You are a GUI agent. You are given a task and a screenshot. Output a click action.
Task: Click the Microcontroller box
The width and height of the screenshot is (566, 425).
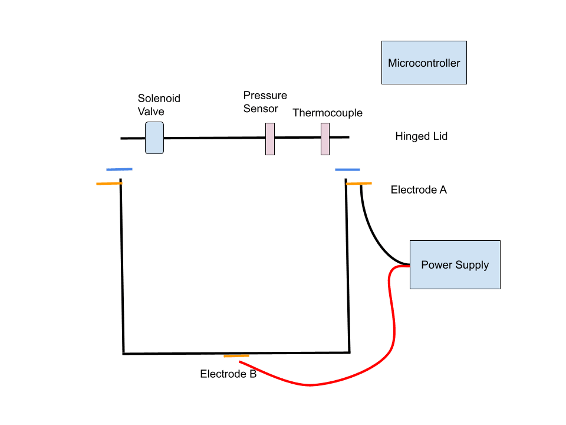[x=424, y=63]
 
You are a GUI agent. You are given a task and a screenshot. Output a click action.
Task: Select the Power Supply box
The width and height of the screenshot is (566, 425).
[x=455, y=264]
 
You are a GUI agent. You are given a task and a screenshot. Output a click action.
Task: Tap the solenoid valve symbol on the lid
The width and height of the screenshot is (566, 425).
[x=154, y=138]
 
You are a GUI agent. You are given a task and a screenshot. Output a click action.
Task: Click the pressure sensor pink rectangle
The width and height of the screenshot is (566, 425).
[x=269, y=139]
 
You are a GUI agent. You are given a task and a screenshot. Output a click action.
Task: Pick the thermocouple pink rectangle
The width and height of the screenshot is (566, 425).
[x=325, y=139]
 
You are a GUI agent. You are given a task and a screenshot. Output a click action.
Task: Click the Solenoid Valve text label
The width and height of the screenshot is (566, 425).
[x=159, y=104]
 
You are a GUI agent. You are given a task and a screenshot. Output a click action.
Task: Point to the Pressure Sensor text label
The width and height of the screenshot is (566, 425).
[x=265, y=102]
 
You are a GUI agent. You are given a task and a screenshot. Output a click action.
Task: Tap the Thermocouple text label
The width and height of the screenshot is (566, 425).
[x=327, y=113]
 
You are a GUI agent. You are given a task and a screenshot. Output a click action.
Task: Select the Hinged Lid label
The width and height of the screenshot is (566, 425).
[x=421, y=136]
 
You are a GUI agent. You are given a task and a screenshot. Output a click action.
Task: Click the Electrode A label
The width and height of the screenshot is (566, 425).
[x=419, y=190]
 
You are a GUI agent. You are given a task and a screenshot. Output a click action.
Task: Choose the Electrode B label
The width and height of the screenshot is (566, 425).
[x=228, y=374]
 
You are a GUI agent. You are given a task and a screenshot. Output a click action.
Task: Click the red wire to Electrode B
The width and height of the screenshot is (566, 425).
[x=354, y=372]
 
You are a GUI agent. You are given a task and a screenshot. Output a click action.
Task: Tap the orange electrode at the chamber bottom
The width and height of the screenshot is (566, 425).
[x=236, y=356]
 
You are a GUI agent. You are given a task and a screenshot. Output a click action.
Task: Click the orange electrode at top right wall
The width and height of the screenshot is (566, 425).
[x=358, y=184]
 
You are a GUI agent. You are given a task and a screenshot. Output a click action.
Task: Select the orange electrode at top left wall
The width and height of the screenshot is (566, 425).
[x=109, y=184]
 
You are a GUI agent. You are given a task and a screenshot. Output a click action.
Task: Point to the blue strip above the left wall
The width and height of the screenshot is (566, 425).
[x=119, y=169]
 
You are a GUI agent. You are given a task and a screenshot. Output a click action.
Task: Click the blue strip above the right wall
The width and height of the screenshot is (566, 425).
[x=347, y=170]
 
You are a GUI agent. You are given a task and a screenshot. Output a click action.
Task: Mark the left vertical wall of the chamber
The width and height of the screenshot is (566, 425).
[x=122, y=266]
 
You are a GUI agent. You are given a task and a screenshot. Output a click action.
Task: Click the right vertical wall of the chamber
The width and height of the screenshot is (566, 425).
[x=348, y=266]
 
